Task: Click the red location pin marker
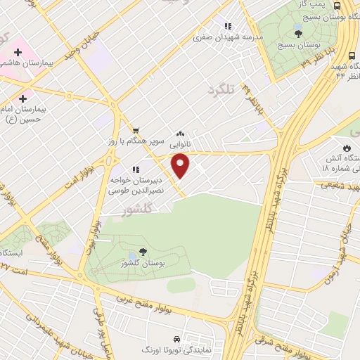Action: click(181, 166)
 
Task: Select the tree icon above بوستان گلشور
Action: click(143, 251)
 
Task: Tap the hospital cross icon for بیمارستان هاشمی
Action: click(20, 53)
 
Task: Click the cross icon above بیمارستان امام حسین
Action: click(25, 98)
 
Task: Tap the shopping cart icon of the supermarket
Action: click(136, 129)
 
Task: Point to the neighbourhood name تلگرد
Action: click(219, 89)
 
